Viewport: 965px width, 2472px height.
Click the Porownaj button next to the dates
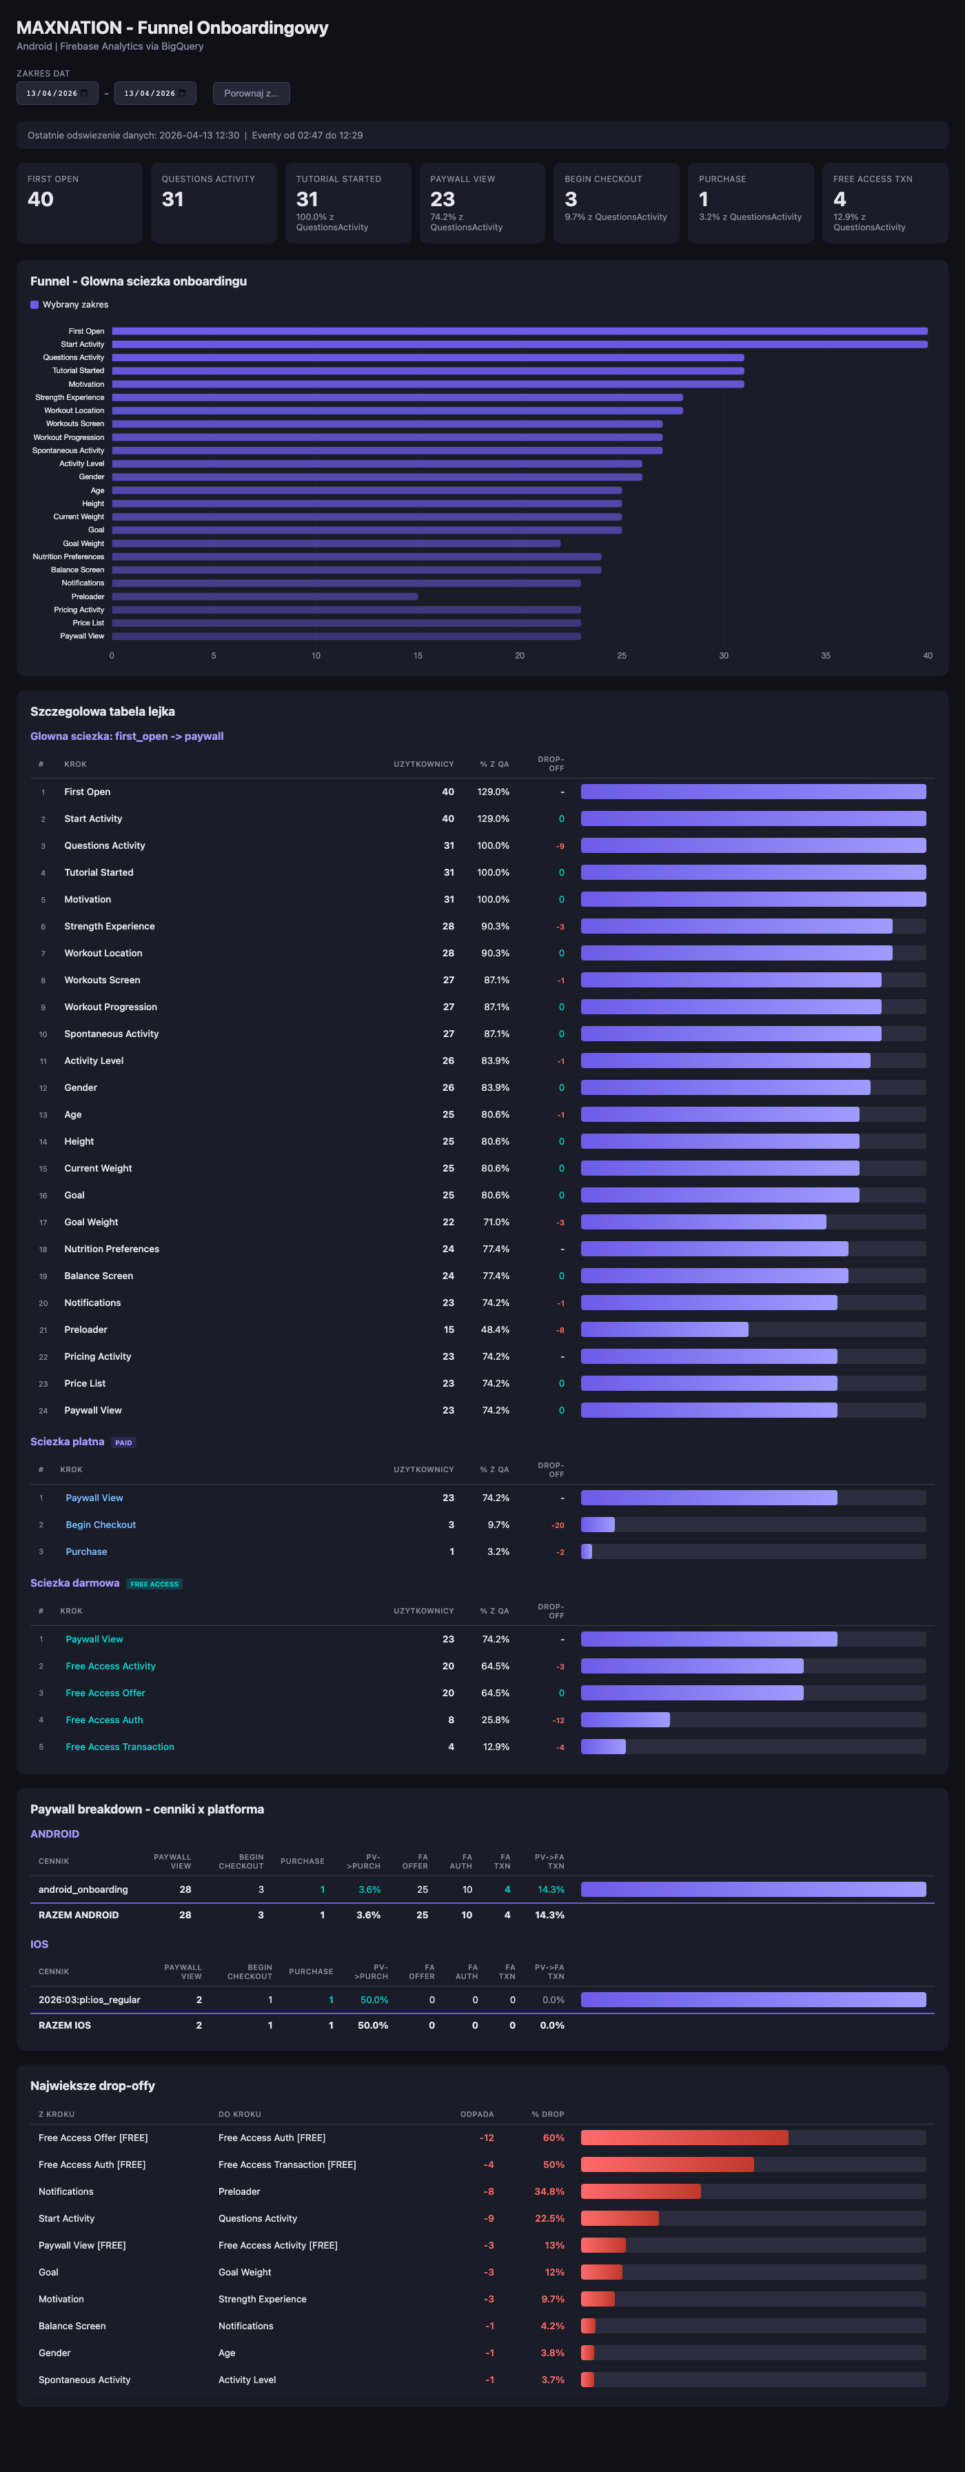(252, 93)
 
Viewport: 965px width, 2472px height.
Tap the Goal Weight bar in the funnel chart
(336, 543)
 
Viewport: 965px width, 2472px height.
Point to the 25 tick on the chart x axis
(622, 656)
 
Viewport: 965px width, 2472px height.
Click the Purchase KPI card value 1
(703, 199)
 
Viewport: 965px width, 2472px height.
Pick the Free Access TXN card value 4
(840, 199)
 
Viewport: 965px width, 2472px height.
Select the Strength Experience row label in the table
(110, 926)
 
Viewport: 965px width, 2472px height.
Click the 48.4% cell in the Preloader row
(495, 1329)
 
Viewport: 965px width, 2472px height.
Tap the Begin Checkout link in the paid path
(101, 1525)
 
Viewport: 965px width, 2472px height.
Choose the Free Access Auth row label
(105, 1720)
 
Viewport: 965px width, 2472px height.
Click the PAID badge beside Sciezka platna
(124, 1443)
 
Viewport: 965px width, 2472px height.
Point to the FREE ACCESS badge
(154, 1583)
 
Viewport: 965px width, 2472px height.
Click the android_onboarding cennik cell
(83, 1889)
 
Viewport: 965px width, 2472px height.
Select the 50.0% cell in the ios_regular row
(374, 2000)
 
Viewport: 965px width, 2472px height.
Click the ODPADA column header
(477, 2114)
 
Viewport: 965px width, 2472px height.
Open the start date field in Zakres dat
(57, 93)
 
